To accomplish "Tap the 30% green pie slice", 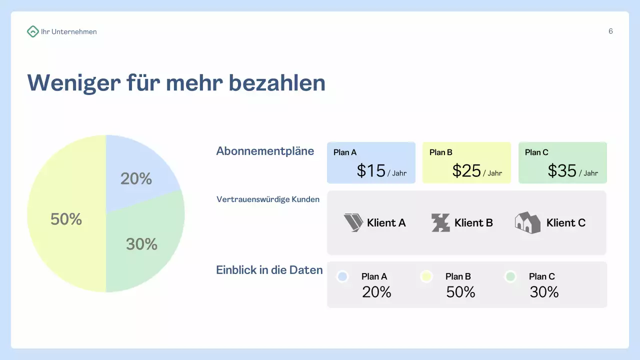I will pyautogui.click(x=145, y=240).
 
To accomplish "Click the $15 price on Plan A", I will pyautogui.click(x=371, y=171).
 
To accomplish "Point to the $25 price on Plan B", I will pyautogui.click(x=466, y=171).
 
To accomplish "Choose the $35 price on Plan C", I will pyautogui.click(x=562, y=171).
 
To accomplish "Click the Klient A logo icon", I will pyautogui.click(x=353, y=222).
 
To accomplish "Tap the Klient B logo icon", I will pyautogui.click(x=440, y=222).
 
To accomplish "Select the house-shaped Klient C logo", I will pyautogui.click(x=527, y=222).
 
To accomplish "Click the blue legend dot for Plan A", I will pyautogui.click(x=342, y=276).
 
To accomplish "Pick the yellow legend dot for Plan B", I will pyautogui.click(x=426, y=276).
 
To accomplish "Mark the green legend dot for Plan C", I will pyautogui.click(x=510, y=276).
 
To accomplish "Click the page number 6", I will pyautogui.click(x=610, y=31).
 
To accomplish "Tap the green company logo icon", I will pyautogui.click(x=32, y=31).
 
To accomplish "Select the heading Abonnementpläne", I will pyautogui.click(x=265, y=151).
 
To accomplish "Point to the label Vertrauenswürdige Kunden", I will pyautogui.click(x=268, y=199).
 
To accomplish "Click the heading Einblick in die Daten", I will pyautogui.click(x=269, y=270).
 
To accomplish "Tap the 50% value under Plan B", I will pyautogui.click(x=460, y=292).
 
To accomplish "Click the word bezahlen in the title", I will pyautogui.click(x=277, y=82).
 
